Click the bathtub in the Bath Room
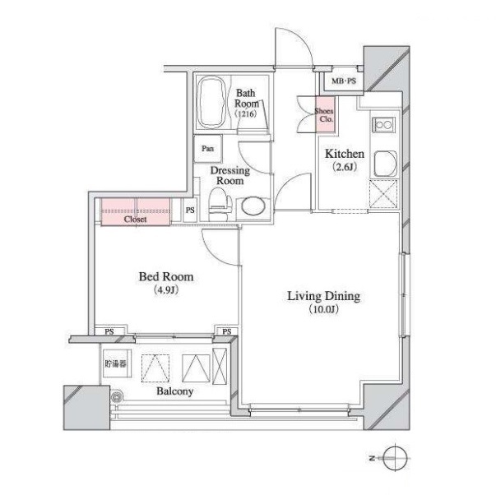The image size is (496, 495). click(212, 102)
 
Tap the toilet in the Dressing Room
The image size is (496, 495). click(220, 205)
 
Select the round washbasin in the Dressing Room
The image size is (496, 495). click(253, 207)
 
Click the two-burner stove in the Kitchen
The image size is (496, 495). click(383, 125)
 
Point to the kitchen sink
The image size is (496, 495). click(386, 164)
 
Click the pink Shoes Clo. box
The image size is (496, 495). click(325, 114)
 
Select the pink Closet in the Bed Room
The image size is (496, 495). click(136, 211)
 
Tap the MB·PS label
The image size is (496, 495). click(344, 81)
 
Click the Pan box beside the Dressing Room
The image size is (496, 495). click(208, 149)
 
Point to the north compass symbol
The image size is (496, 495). click(394, 458)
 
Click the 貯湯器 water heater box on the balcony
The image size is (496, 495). click(116, 363)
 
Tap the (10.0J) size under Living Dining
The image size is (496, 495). click(323, 309)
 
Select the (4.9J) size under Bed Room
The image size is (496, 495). click(166, 289)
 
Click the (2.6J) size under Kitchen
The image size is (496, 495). click(345, 167)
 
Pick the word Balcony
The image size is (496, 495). click(175, 391)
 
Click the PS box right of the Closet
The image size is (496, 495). click(190, 210)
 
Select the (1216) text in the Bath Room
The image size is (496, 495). click(245, 113)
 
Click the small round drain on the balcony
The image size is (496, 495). click(117, 396)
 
